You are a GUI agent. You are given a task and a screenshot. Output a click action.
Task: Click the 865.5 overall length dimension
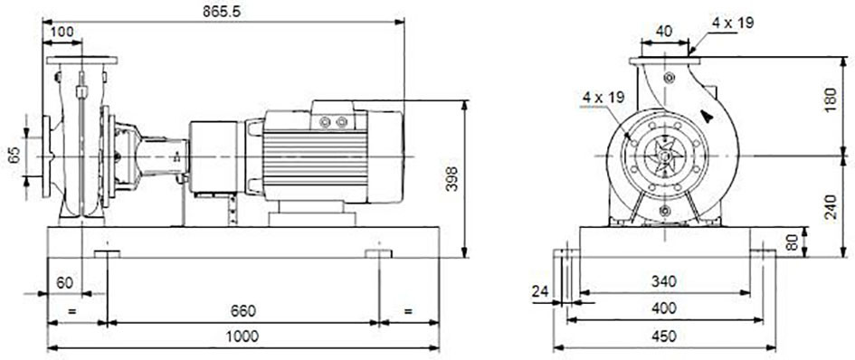point(222,12)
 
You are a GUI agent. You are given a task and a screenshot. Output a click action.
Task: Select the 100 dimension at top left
point(62,32)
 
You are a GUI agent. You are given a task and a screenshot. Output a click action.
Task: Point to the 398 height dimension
point(452,179)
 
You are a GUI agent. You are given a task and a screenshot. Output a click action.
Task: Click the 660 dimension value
point(242,311)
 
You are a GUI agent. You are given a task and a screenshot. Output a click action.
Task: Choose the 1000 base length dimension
point(242,336)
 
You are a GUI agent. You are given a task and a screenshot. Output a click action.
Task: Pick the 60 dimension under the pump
point(65,282)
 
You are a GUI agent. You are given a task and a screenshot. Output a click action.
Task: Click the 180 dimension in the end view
point(830,99)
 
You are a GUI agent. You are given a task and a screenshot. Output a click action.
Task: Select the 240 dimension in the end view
point(830,206)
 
